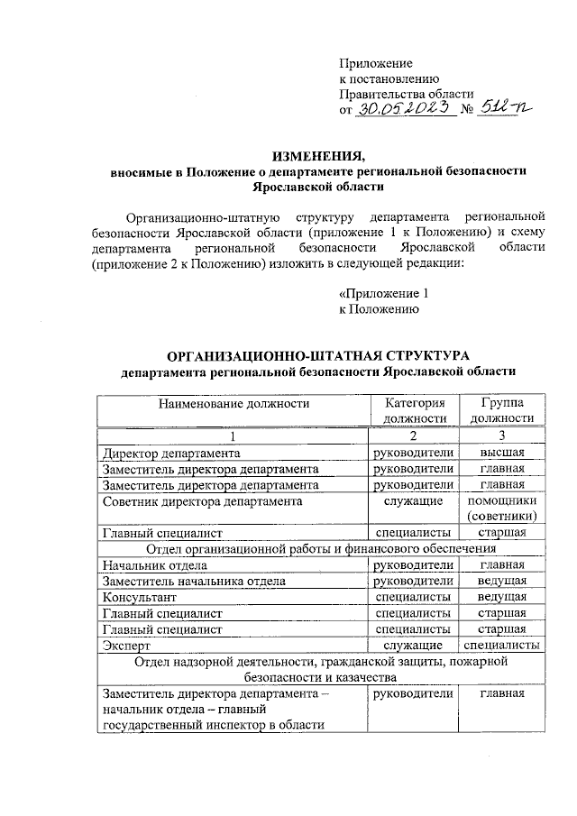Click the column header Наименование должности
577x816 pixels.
(234, 403)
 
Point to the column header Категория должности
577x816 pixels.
(415, 410)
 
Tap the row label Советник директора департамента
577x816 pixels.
(202, 500)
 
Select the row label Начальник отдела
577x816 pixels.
(155, 565)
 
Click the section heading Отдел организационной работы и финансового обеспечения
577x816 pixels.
(320, 548)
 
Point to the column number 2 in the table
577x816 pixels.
(414, 436)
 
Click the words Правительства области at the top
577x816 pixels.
(405, 95)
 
